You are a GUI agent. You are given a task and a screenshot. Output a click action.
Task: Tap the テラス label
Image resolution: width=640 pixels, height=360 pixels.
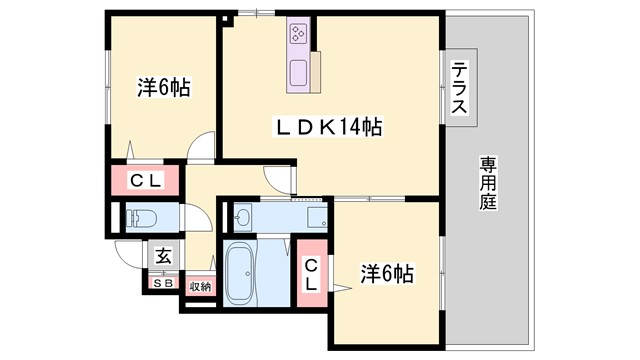pos(460,89)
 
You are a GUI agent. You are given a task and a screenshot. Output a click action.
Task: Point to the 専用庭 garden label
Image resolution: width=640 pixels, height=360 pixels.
pos(487,181)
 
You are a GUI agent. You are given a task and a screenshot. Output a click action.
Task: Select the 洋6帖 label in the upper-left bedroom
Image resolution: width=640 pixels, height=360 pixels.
pos(164,88)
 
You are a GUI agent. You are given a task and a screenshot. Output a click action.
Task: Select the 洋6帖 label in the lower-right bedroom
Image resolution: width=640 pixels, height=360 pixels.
pos(387,272)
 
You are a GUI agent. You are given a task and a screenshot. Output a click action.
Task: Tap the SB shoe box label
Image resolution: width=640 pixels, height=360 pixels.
pos(162,283)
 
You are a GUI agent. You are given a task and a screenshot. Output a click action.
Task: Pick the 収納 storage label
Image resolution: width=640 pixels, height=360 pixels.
pos(200,286)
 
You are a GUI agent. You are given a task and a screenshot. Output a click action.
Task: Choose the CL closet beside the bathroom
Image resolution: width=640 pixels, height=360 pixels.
pos(313,273)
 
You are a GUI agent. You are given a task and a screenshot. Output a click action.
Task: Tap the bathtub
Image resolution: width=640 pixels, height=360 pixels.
pos(241,273)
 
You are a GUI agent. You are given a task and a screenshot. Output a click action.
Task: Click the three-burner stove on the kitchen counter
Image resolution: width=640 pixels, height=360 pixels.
pos(298,33)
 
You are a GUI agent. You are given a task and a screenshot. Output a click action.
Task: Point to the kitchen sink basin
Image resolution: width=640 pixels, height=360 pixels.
pos(299,72)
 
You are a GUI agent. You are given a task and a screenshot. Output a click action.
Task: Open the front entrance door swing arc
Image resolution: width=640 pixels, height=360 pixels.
pos(127,253)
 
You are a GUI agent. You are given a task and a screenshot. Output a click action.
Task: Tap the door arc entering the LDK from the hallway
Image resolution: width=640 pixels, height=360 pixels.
pos(277,179)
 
